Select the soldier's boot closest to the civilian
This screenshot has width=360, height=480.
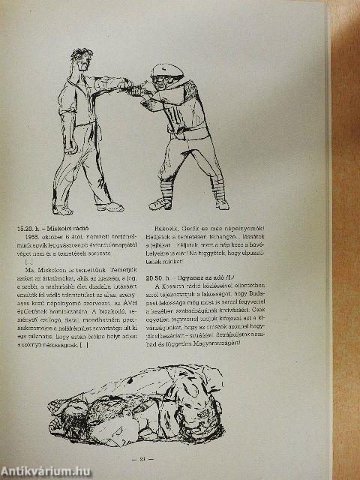click(160, 202)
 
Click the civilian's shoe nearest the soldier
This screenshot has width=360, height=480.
click(110, 206)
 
